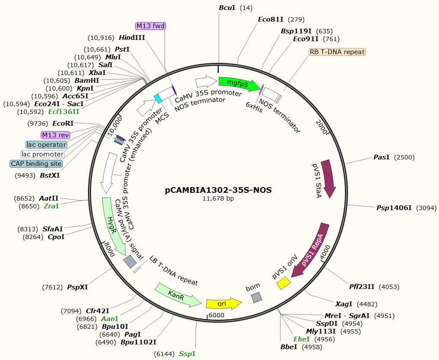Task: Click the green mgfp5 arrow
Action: (x=239, y=84)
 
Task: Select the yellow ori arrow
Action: (x=224, y=303)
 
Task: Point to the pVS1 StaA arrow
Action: (x=328, y=179)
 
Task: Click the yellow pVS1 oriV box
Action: (x=283, y=283)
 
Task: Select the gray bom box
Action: (x=257, y=298)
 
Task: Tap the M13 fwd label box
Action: (x=151, y=26)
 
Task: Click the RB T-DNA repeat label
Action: (x=337, y=52)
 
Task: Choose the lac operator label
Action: (x=46, y=144)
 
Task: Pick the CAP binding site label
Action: (x=36, y=163)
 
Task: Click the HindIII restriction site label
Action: (x=132, y=38)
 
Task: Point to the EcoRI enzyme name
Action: (x=63, y=123)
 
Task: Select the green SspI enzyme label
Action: (x=187, y=354)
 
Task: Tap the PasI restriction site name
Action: (x=381, y=157)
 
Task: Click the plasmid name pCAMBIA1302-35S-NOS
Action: (x=218, y=190)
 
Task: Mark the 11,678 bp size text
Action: (x=218, y=198)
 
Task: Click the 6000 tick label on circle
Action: (x=216, y=315)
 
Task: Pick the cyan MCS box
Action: (x=158, y=98)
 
